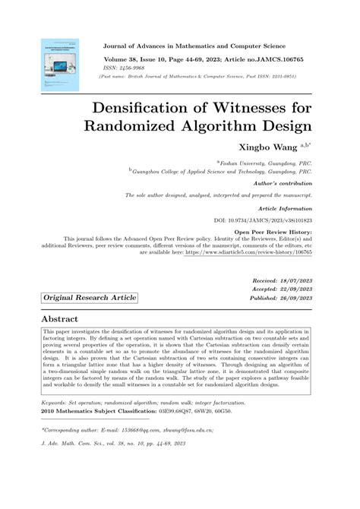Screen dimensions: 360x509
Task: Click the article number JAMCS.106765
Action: [x=279, y=58]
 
